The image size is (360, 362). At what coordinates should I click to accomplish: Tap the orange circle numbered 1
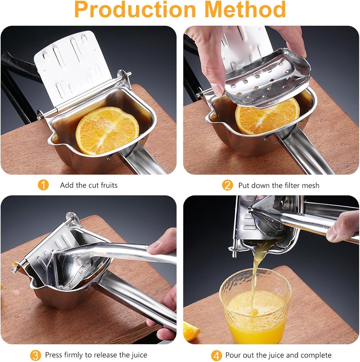click(43, 185)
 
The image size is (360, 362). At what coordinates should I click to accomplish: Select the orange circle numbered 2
click(227, 185)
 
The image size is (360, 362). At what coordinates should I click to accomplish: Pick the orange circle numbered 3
click(35, 355)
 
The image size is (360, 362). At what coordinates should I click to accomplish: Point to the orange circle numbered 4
click(216, 355)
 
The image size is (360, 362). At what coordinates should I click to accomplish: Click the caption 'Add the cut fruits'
click(89, 185)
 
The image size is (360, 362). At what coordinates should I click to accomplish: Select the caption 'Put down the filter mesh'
click(278, 185)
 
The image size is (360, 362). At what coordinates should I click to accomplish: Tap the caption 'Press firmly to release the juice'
click(96, 355)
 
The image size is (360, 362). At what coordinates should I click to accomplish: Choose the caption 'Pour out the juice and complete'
click(278, 355)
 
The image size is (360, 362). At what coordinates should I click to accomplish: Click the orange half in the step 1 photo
click(107, 130)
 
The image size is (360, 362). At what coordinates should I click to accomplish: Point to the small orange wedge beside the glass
click(191, 331)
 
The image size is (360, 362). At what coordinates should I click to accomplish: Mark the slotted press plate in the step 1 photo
click(73, 64)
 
